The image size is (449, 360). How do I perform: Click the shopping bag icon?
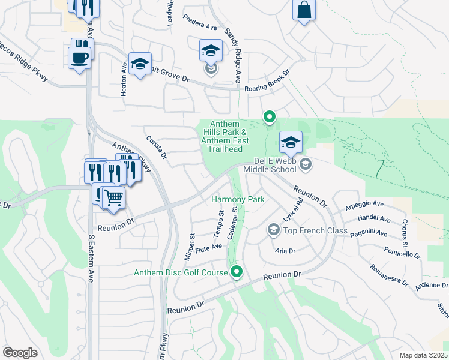point(304,10)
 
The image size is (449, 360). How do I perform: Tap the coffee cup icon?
point(79,58)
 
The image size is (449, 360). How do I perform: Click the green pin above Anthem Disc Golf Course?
point(237,272)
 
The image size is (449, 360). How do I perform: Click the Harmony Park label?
point(238,199)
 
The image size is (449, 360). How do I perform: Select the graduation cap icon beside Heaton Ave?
point(139,64)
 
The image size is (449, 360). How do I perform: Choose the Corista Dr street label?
point(157,151)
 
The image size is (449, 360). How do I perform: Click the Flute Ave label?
point(209,247)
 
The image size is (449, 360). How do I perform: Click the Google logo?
point(20,353)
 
